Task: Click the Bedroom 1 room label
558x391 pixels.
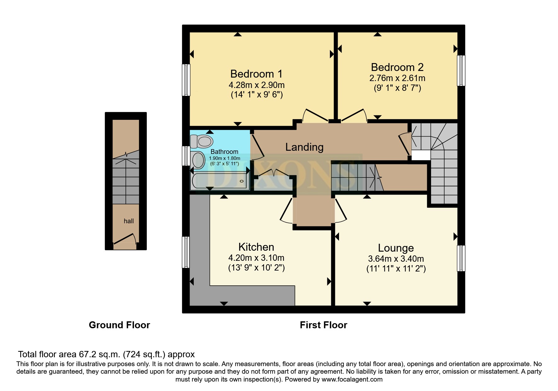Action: [256, 74]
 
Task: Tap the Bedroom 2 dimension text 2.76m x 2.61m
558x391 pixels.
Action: [397, 78]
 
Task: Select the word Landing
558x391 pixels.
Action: [304, 147]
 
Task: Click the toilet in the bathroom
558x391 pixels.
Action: [202, 141]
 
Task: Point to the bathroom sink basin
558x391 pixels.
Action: [198, 160]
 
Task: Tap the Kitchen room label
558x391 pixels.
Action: [256, 247]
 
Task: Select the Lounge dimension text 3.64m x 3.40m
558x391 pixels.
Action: [396, 259]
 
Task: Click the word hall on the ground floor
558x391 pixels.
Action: [129, 221]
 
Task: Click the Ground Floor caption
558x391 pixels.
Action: [119, 325]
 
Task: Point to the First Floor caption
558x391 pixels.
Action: [323, 325]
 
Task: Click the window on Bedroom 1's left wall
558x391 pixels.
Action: [187, 80]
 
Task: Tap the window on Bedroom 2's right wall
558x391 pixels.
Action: [461, 71]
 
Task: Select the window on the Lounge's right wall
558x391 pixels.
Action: [461, 258]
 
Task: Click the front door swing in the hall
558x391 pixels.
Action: [125, 239]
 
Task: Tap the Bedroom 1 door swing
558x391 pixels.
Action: [315, 115]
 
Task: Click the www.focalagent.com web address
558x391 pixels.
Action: [352, 379]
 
